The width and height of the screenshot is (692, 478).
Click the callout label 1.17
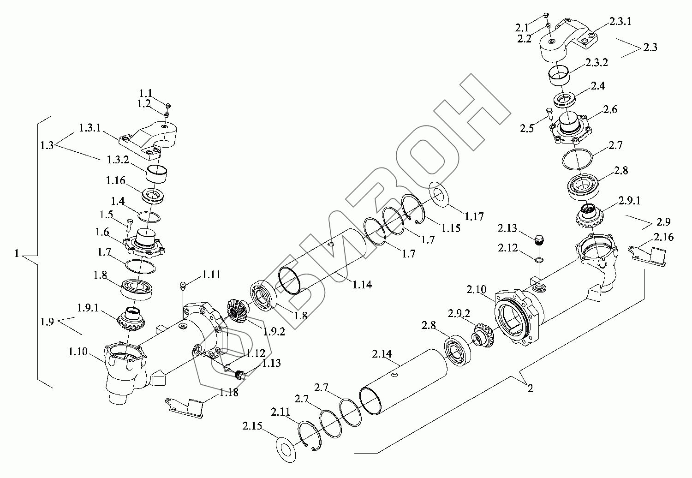pos(474,216)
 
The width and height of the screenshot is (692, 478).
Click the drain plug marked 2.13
pos(539,240)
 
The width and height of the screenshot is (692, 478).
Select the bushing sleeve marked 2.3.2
pos(559,76)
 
